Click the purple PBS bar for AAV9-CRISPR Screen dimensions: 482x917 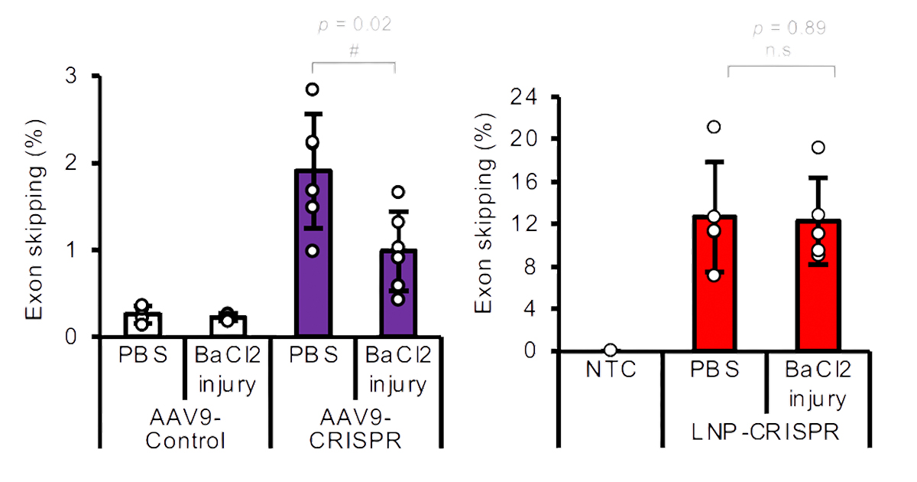312,260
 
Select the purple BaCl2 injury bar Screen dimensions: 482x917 397,298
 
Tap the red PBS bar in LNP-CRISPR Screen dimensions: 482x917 714,291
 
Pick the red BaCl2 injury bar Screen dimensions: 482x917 815,291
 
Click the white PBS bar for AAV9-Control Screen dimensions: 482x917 143,326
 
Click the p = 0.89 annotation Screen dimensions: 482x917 790,28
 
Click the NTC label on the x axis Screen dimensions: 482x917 610,370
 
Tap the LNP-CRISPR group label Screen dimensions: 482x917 764,432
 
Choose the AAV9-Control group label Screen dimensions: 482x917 186,431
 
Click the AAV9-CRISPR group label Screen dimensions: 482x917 355,431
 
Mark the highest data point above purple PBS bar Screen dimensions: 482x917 312,90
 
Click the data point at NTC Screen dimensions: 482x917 610,350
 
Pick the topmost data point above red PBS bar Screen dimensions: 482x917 714,127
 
